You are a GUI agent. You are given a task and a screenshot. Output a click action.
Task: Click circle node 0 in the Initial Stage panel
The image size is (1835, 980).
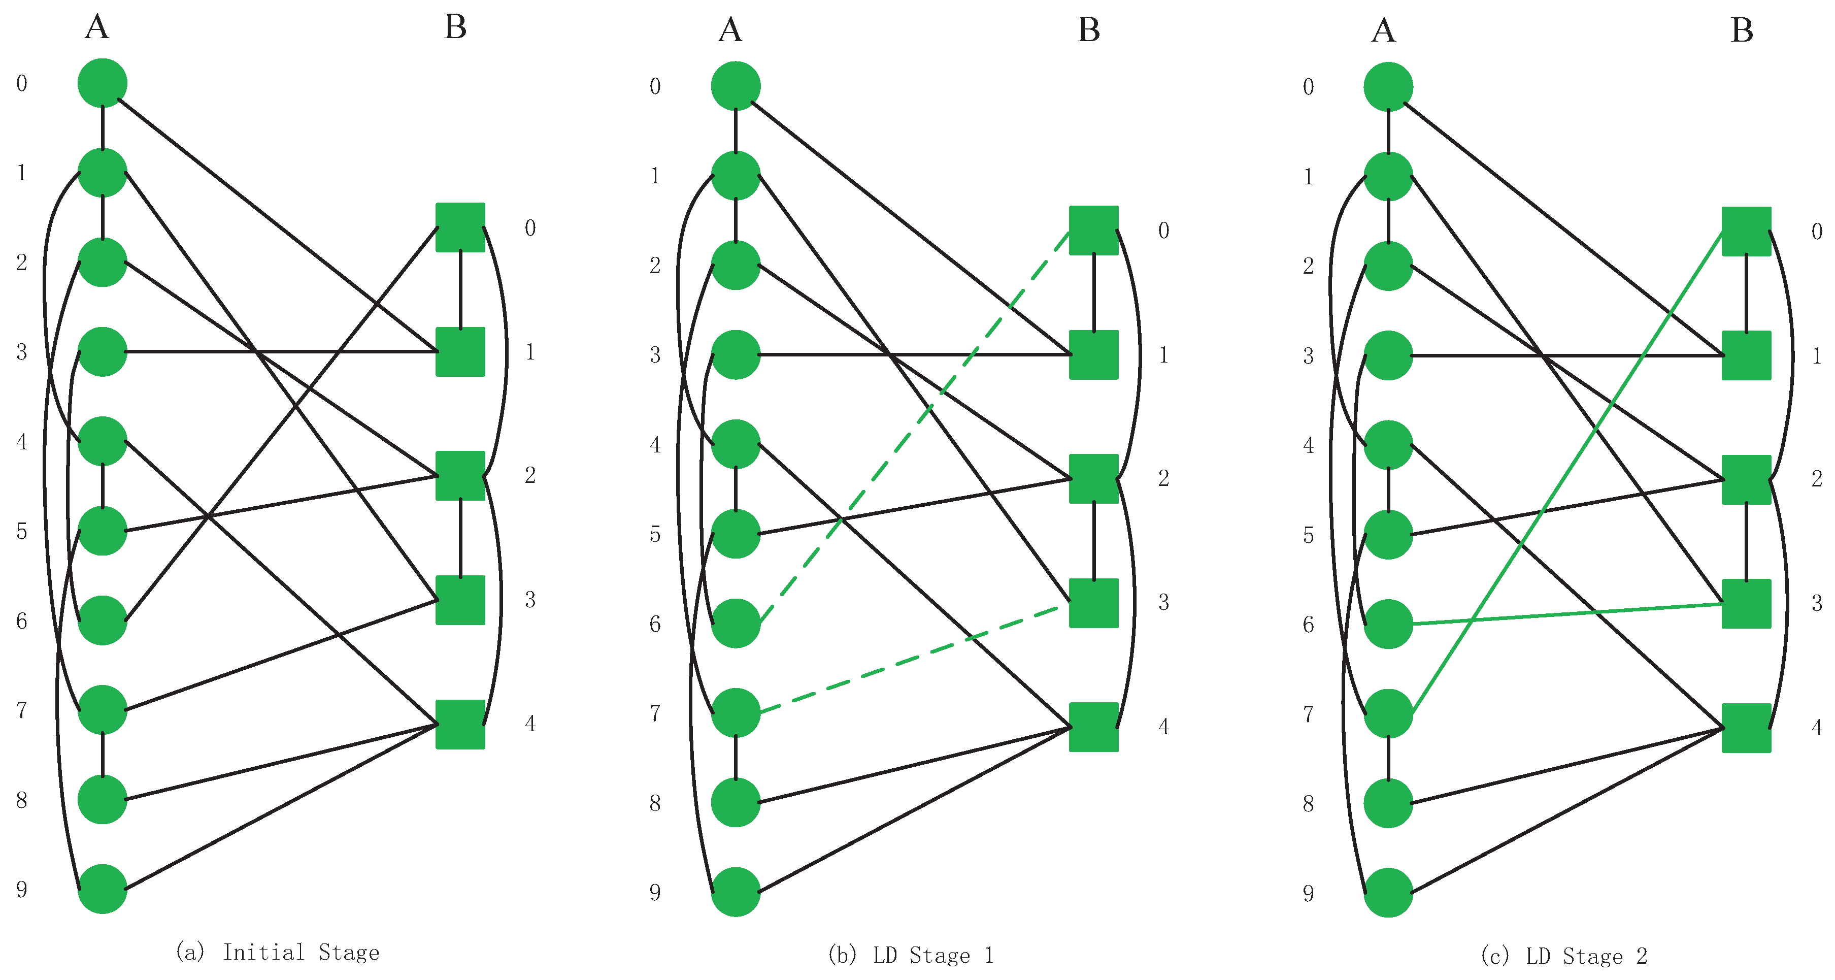(x=103, y=83)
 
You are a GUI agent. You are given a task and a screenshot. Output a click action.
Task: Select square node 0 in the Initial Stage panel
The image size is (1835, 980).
(x=460, y=227)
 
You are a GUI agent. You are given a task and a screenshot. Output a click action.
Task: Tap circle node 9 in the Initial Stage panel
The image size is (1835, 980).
(x=103, y=889)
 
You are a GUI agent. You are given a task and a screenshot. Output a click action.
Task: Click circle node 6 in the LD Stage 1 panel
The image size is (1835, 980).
(x=736, y=624)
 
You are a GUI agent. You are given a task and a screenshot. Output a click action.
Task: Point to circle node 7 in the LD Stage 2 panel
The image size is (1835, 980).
(x=1388, y=713)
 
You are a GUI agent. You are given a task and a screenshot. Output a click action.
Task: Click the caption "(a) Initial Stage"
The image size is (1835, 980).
(x=278, y=952)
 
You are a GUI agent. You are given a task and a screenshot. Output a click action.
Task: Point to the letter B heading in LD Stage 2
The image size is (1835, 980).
(x=1742, y=30)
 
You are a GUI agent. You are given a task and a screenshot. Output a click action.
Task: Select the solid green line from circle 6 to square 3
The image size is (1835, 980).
(x=1567, y=614)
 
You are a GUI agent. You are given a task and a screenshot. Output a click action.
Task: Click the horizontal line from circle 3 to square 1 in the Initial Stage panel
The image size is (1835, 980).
(x=285, y=351)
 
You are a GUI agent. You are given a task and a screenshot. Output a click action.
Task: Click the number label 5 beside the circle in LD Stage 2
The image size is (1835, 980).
(x=1308, y=535)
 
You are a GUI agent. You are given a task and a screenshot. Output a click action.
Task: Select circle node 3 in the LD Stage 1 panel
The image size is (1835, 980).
(x=736, y=354)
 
